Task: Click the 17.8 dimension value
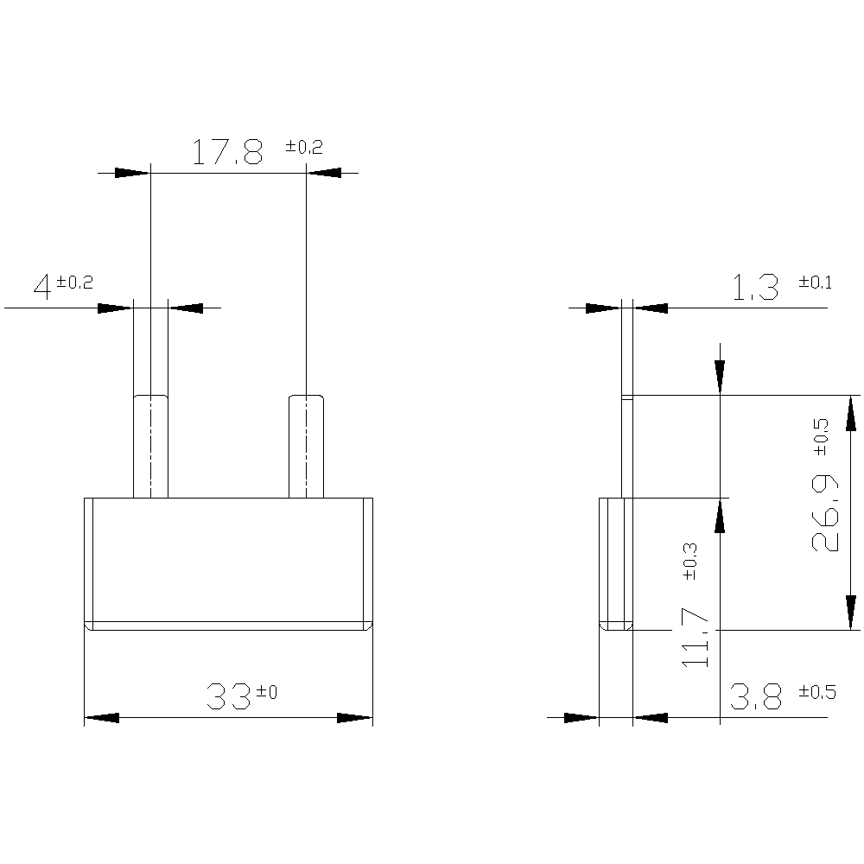point(226,153)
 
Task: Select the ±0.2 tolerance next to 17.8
point(304,147)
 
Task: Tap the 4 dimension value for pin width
point(42,286)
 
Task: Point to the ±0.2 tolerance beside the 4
point(74,282)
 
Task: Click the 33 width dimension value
point(229,696)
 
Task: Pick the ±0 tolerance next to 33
point(266,691)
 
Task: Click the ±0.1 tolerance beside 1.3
point(815,283)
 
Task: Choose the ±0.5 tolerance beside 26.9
point(820,436)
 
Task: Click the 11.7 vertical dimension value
point(696,637)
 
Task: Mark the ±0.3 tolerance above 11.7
point(689,561)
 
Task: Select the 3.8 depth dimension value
point(756,697)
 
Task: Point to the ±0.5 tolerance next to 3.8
point(816,692)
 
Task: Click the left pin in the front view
point(150,446)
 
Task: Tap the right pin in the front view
point(306,446)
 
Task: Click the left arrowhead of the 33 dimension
point(101,718)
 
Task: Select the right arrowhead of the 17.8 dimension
point(324,173)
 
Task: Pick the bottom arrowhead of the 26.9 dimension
point(851,612)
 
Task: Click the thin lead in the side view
point(627,446)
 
